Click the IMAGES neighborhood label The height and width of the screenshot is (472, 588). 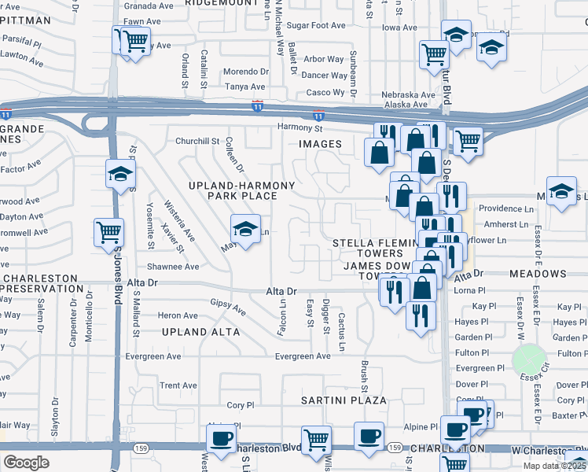click(320, 144)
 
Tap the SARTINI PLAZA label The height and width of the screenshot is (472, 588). click(344, 400)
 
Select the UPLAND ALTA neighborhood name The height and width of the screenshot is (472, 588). click(200, 332)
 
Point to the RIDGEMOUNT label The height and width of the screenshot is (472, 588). click(222, 3)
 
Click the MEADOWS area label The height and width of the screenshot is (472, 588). click(538, 274)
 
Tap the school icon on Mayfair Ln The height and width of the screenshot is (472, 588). click(245, 229)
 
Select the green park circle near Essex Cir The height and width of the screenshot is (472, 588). click(529, 361)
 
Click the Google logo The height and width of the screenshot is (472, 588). click(26, 463)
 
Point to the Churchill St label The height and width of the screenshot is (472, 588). click(197, 142)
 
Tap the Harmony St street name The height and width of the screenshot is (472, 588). click(300, 127)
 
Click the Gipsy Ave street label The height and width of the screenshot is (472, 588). click(228, 307)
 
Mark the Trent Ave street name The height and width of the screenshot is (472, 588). click(178, 385)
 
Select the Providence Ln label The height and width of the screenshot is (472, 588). click(506, 209)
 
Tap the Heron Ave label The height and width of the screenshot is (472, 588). click(178, 315)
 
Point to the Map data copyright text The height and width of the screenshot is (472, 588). click(555, 466)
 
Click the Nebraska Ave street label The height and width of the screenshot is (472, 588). click(408, 94)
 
